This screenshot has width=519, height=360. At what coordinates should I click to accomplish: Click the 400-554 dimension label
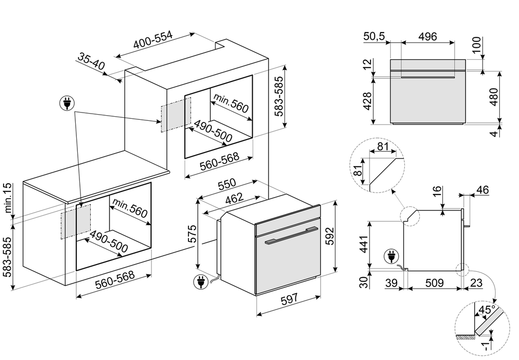click(x=153, y=41)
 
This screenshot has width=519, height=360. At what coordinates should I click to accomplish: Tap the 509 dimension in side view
click(x=434, y=283)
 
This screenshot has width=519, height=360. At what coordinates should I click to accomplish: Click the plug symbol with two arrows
click(x=66, y=104)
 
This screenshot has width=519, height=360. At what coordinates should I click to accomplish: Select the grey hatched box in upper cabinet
click(x=175, y=116)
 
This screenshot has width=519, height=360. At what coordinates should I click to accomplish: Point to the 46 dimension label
click(x=482, y=190)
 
